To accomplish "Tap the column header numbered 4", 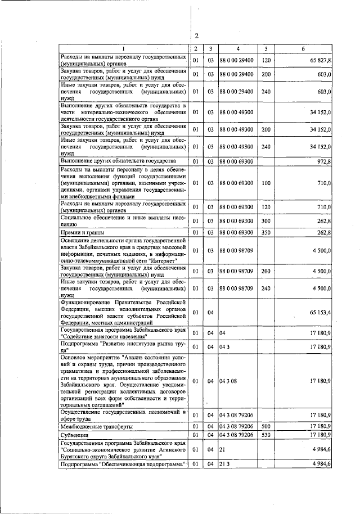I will click(x=238, y=49).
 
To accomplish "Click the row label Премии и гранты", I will click(x=84, y=232).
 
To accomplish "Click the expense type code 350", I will click(x=266, y=232).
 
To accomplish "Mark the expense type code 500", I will click(x=266, y=426).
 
